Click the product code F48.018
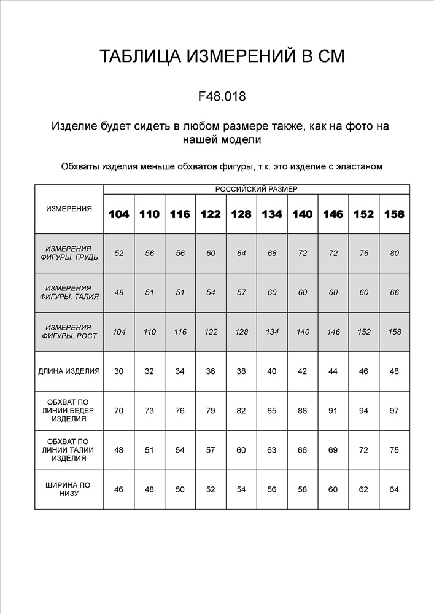(222, 96)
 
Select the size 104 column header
(119, 214)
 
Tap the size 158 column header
(394, 214)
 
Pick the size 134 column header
(272, 214)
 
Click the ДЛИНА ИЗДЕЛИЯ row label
(69, 371)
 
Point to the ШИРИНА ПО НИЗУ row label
(69, 489)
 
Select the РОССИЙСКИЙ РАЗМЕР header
(256, 190)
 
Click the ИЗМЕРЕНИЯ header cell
(69, 209)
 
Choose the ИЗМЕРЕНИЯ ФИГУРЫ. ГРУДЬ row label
(69, 253)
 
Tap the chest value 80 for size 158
(394, 253)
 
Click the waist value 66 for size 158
(394, 292)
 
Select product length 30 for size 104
(119, 371)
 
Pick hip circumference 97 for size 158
(394, 410)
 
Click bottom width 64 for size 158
(394, 489)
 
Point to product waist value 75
(394, 450)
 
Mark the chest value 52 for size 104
(119, 253)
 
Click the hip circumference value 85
(272, 410)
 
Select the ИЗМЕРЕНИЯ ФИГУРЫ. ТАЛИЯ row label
(69, 292)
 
